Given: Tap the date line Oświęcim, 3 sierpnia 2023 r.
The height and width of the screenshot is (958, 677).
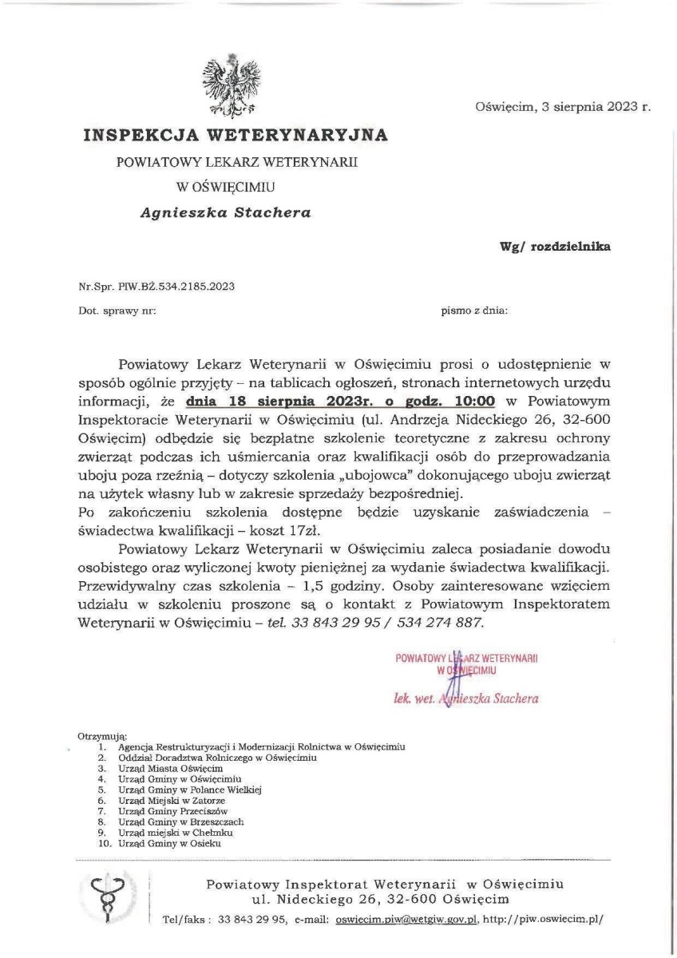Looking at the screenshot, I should pyautogui.click(x=562, y=105).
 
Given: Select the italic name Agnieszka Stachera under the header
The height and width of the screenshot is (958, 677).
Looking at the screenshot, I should pyautogui.click(x=226, y=212).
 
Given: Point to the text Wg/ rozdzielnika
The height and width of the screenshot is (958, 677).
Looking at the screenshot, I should pyautogui.click(x=555, y=247).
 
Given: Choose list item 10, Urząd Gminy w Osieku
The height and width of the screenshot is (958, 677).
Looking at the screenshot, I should pyautogui.click(x=168, y=842).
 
